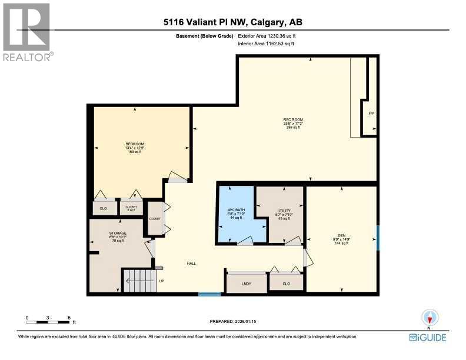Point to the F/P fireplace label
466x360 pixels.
point(371,113)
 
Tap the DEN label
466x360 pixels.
point(341,239)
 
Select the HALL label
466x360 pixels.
point(191,264)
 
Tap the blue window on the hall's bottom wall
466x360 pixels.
point(209,294)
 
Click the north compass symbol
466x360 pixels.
point(429,319)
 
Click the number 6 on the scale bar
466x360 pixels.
point(69,318)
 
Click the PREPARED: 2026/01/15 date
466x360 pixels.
point(233,321)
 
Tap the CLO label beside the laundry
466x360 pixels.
point(287,283)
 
